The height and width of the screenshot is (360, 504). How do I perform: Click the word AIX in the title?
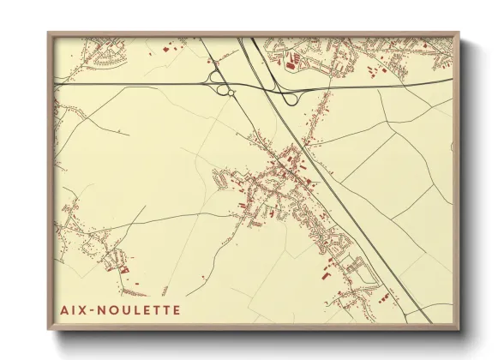pyautogui.click(x=71, y=309)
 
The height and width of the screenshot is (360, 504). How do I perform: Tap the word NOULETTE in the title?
pyautogui.click(x=138, y=309)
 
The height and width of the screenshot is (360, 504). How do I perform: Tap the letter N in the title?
pyautogui.click(x=99, y=309)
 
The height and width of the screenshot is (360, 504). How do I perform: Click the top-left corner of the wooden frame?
pyautogui.click(x=49, y=33)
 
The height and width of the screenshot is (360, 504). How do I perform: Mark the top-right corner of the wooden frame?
pyautogui.click(x=460, y=33)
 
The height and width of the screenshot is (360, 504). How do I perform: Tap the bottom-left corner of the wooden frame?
pyautogui.click(x=49, y=330)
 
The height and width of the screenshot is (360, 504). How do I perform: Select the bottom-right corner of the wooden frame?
pyautogui.click(x=460, y=330)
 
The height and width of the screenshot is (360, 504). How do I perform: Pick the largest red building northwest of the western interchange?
pyautogui.click(x=165, y=50)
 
